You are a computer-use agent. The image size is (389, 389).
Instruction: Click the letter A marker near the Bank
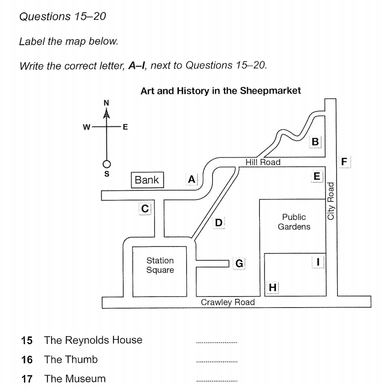(192, 179)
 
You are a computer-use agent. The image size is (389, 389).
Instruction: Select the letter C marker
(145, 208)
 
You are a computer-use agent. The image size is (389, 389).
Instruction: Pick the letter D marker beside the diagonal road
(219, 223)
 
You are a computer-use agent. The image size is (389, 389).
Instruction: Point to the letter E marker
(316, 176)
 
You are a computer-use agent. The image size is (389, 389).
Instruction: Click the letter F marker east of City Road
(344, 161)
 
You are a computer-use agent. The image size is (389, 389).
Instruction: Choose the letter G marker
(239, 263)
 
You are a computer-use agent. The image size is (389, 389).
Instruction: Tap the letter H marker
(272, 288)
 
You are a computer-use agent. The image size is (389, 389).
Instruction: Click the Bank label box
(147, 180)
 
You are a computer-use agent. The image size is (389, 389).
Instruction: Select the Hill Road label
(263, 162)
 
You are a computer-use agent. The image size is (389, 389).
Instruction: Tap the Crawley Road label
(228, 302)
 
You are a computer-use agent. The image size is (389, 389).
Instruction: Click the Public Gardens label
(294, 222)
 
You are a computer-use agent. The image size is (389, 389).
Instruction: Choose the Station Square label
(160, 265)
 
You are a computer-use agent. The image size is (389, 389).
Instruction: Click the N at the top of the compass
(106, 103)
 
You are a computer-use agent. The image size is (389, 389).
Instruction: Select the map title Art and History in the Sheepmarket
(221, 91)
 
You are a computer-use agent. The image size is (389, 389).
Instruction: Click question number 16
(27, 360)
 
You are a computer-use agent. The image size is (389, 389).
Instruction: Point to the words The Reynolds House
(93, 340)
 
